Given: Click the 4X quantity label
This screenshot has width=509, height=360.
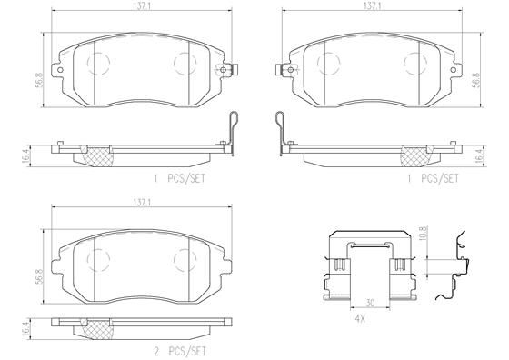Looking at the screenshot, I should pos(362,317).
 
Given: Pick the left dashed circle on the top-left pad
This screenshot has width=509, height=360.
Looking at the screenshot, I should pos(97,63).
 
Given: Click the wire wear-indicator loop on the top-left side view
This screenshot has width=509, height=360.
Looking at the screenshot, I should pos(231,124).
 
